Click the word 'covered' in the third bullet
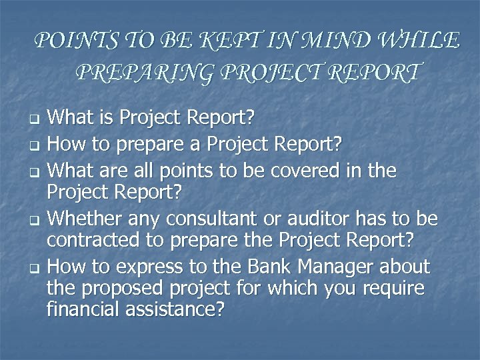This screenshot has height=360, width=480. click(312, 172)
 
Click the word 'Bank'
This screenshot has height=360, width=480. click(267, 267)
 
